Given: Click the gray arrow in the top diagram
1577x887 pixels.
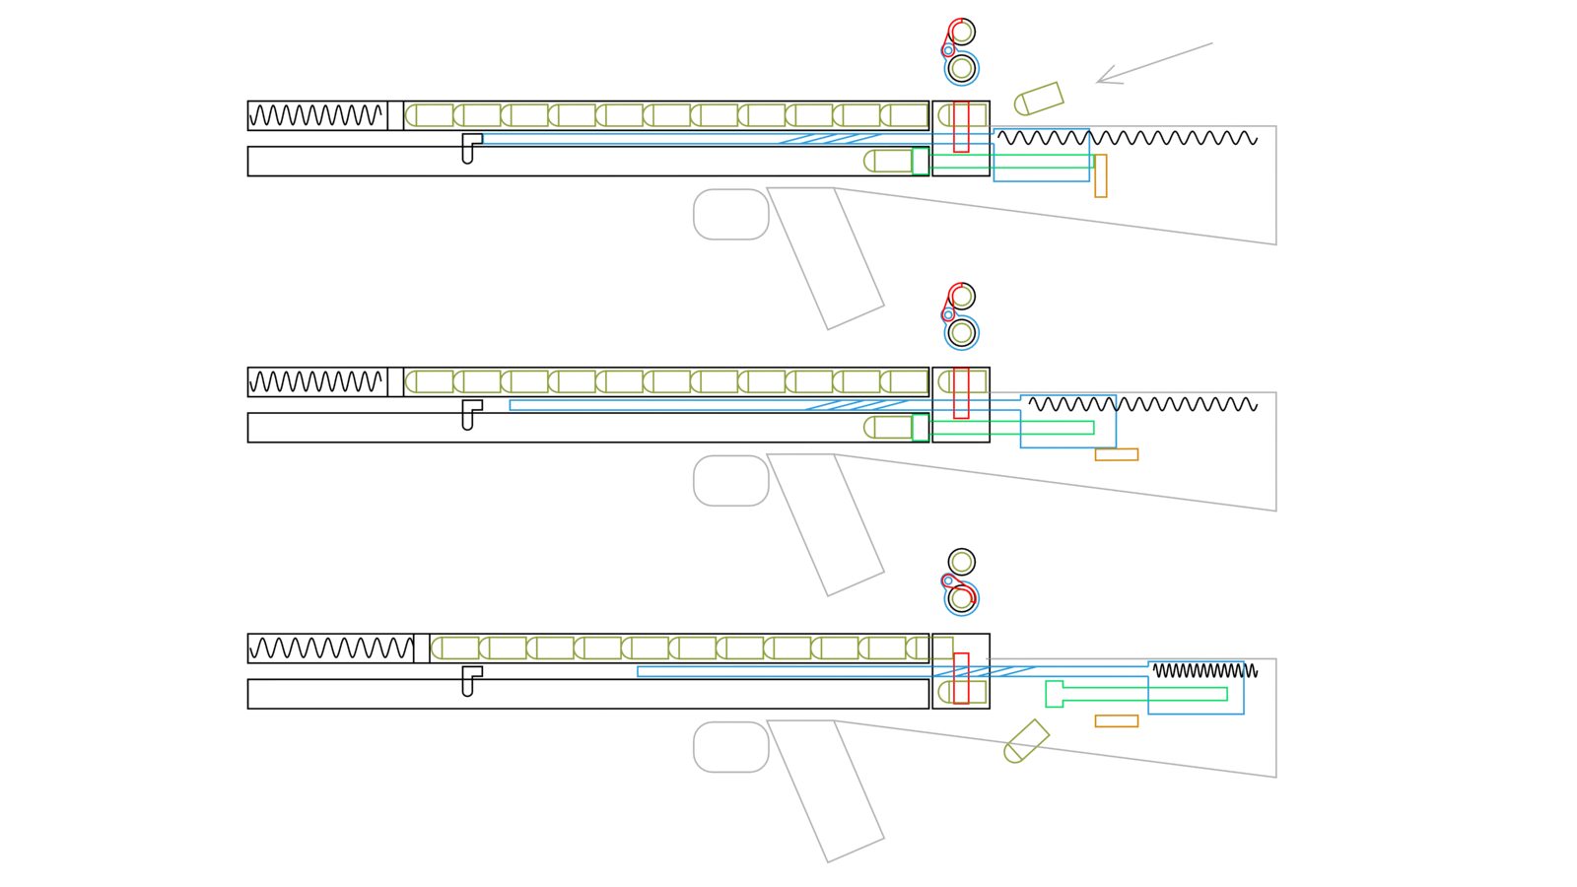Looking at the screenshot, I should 1153,62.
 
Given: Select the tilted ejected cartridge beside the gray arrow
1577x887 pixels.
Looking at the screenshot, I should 1039,99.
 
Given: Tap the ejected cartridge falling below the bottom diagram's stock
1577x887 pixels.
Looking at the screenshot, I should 1026,741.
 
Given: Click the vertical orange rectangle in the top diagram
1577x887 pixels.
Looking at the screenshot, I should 1100,175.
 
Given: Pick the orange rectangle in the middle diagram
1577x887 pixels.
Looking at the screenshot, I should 1116,454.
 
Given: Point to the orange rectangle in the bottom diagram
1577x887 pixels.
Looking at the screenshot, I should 1116,721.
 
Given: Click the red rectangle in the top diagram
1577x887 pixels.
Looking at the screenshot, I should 961,126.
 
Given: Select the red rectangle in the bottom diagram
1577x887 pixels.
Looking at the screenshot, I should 961,678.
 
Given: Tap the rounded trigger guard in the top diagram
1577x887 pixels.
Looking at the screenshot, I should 730,214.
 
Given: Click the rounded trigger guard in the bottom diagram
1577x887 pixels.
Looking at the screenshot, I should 730,747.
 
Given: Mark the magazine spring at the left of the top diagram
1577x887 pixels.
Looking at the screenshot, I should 315,116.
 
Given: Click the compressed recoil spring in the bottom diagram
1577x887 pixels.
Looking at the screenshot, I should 1204,670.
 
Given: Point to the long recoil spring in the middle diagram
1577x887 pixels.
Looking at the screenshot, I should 1143,404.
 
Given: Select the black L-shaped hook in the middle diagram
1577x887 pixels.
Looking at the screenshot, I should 470,413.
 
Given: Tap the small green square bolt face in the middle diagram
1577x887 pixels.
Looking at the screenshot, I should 920,428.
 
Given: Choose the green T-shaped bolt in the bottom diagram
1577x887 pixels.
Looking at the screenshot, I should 1133,694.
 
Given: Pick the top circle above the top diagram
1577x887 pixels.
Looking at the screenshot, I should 962,32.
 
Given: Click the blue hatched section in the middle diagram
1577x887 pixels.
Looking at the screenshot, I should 856,405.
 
